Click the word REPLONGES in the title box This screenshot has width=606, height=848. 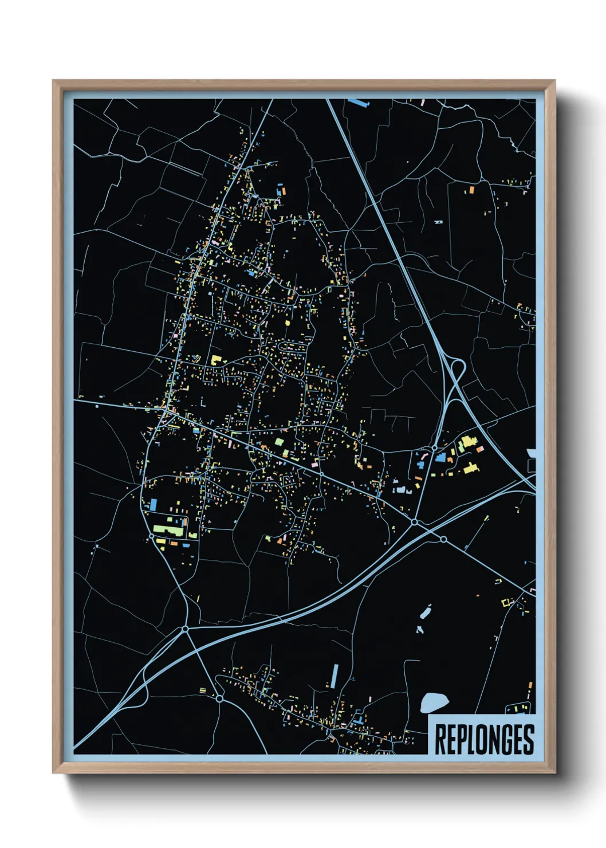point(484,740)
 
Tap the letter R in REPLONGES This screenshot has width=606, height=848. point(440,740)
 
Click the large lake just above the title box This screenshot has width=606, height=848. point(434,702)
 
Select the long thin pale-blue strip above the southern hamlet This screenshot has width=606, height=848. point(335,676)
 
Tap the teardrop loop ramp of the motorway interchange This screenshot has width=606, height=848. point(457,370)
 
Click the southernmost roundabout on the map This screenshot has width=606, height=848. point(219,698)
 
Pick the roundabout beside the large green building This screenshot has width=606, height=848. point(151,536)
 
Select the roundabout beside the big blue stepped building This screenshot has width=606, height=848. point(434,447)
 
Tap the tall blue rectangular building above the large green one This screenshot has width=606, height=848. point(154,505)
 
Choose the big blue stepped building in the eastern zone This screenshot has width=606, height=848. point(441,457)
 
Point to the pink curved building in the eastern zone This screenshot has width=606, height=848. point(403,490)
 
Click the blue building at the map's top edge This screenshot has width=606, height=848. point(359,103)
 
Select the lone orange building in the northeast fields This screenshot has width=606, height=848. point(471,190)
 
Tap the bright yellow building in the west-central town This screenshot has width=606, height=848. point(217,360)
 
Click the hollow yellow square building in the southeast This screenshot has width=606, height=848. point(505,603)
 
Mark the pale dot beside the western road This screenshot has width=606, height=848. point(97,406)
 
